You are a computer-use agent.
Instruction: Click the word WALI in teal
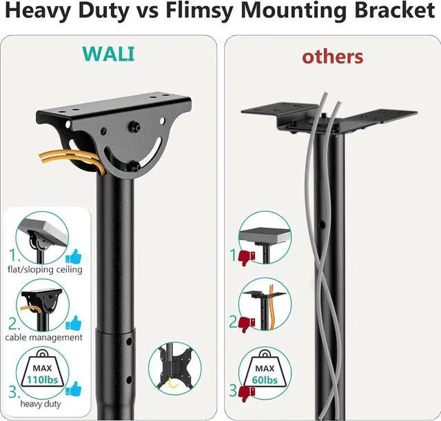click(x=109, y=54)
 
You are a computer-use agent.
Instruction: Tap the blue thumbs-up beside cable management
click(x=73, y=322)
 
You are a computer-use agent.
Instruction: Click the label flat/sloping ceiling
click(x=45, y=270)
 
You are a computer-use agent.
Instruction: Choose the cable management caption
click(x=43, y=337)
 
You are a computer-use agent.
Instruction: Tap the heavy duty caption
click(x=39, y=404)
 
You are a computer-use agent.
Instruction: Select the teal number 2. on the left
click(x=14, y=323)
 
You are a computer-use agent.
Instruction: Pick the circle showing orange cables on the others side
click(x=265, y=303)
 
